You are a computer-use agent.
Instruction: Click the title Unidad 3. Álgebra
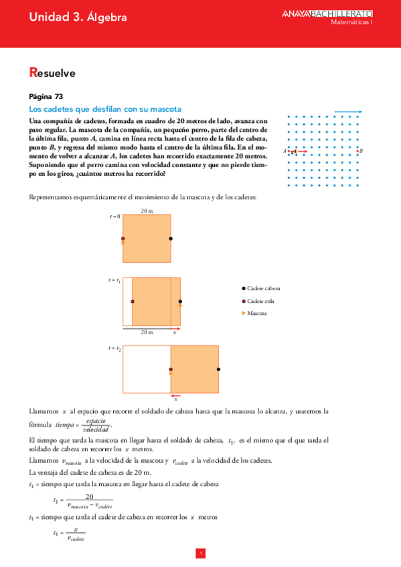pos(78,18)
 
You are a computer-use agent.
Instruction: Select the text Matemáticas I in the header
pos(351,22)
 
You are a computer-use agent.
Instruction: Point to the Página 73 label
pos(47,96)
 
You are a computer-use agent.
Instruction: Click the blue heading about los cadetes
pos(106,108)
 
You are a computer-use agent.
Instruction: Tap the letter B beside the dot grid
pos(362,151)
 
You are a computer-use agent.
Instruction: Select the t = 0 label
pos(114,217)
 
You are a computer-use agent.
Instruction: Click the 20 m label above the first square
pos(147,211)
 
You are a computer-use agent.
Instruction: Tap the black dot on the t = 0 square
pos(171,239)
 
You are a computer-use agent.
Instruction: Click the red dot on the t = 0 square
pos(123,239)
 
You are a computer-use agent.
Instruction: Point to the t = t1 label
pos(114,280)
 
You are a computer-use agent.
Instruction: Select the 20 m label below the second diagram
pos(147,332)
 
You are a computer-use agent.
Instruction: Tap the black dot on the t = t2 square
pos(219,369)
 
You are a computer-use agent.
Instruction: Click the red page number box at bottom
pos(200,553)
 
